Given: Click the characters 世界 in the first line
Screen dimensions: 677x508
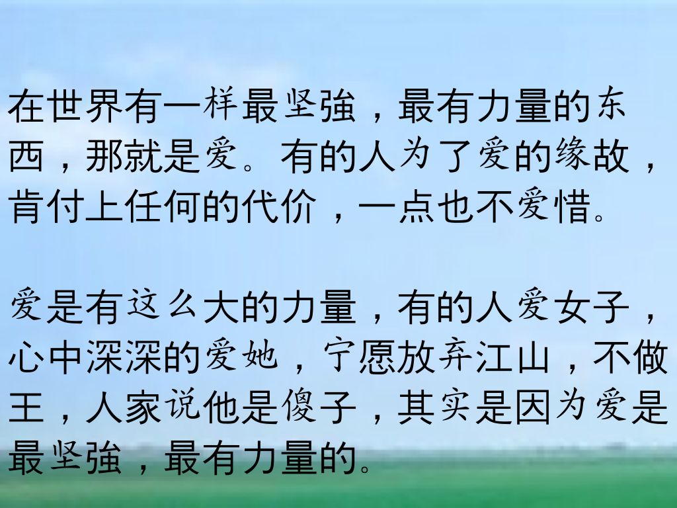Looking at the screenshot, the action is [x=85, y=106].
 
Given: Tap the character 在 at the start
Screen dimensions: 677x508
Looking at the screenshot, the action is [x=26, y=106].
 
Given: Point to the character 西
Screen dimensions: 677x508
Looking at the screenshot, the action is [x=26, y=155].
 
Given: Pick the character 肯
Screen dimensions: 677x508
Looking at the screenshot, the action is [x=26, y=206].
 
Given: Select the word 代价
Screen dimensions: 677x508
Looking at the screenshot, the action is [x=280, y=206].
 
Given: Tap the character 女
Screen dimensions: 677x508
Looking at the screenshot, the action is [x=573, y=307].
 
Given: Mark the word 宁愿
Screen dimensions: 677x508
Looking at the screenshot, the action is [x=358, y=357].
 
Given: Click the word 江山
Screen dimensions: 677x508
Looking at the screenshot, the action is [x=513, y=357].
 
